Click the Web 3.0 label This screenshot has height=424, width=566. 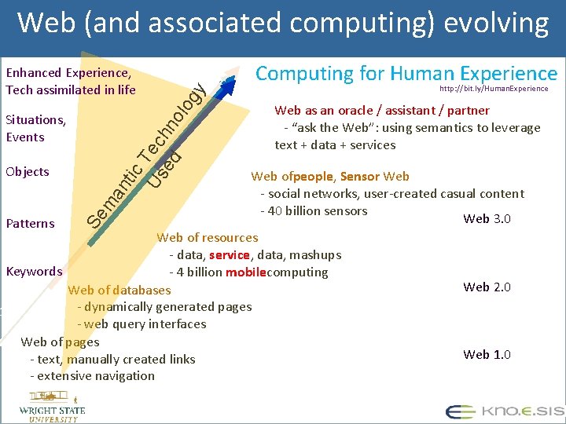[487, 218]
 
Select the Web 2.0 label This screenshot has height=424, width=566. [487, 287]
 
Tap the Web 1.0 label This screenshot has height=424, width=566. [487, 354]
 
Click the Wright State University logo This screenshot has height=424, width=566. [52, 410]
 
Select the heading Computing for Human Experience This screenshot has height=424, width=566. [406, 73]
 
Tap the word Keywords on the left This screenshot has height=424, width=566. [34, 272]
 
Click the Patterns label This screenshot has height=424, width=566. [30, 223]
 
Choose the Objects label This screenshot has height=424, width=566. [27, 171]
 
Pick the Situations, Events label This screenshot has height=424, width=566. [35, 128]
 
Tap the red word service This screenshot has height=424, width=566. [230, 255]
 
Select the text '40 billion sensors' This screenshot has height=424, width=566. [318, 210]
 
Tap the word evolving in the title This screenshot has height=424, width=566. [496, 24]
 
